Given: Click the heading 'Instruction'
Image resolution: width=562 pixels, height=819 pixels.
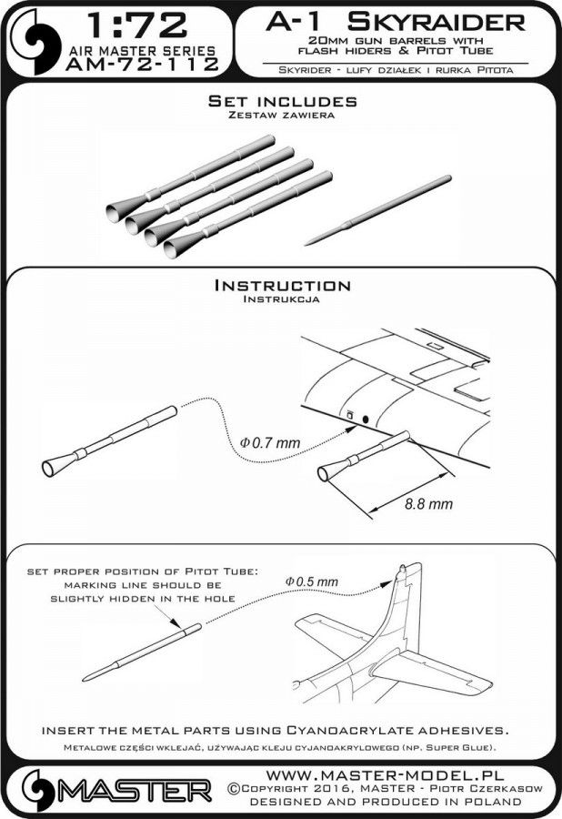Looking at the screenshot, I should pyautogui.click(x=280, y=286).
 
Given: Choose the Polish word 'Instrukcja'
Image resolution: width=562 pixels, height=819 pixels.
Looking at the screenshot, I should pyautogui.click(x=280, y=298).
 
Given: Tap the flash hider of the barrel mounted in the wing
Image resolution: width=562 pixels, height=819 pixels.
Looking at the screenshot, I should pyautogui.click(x=327, y=472).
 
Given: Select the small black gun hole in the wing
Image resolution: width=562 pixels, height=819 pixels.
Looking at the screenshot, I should pyautogui.click(x=366, y=419).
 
